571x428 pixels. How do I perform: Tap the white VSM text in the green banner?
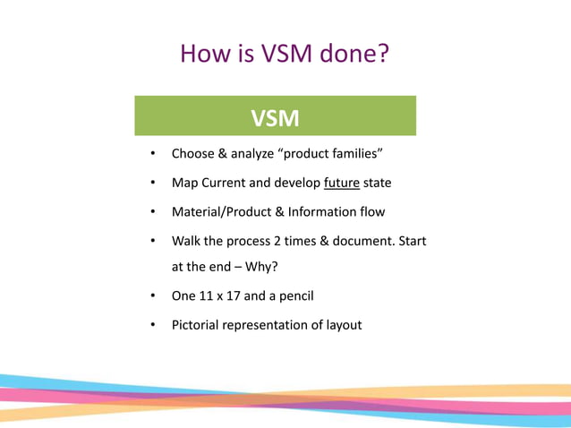click(275, 118)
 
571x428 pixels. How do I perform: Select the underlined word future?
click(342, 183)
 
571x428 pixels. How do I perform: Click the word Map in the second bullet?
click(184, 183)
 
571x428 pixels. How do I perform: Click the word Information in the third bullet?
click(330, 212)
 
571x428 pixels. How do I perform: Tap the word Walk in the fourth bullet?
click(187, 242)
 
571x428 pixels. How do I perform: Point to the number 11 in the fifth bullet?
click(209, 295)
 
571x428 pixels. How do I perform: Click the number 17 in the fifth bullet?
click(240, 295)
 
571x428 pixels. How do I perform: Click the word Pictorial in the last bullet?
click(198, 325)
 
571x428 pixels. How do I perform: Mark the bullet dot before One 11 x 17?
click(153, 295)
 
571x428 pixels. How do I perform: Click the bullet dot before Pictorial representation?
click(153, 325)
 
